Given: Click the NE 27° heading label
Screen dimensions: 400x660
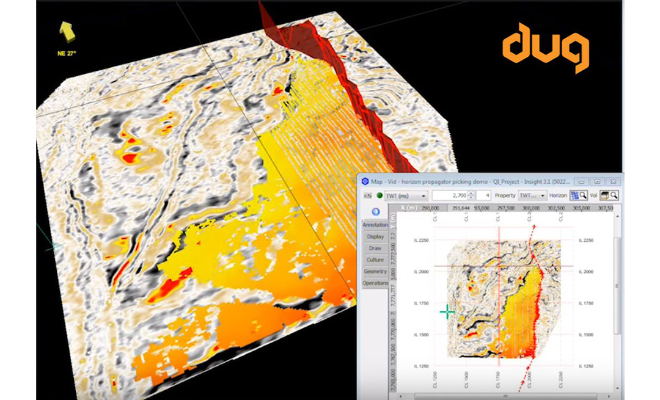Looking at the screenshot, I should pos(66,53).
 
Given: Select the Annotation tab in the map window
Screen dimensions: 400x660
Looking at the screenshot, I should pos(375,225).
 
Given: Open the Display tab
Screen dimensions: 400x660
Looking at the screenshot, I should pos(375,236).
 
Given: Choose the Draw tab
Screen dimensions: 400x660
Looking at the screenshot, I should pos(375,248).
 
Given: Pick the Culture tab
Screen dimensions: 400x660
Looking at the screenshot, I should pos(375,260).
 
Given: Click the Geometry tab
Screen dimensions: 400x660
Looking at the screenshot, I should pos(375,271).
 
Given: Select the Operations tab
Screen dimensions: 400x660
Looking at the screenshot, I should pos(375,283).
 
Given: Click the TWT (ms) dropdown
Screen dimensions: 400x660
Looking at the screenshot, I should pos(406,196).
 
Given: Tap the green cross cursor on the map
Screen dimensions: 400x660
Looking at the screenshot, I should pos(447,312).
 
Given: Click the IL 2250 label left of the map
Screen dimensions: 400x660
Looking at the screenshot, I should pos(422,241).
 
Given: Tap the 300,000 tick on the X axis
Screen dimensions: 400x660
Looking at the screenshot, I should pos(530,208).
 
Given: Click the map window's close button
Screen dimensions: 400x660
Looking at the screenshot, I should pos(612,181).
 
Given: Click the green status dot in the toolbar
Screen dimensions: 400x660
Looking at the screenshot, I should pos(379,196).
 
